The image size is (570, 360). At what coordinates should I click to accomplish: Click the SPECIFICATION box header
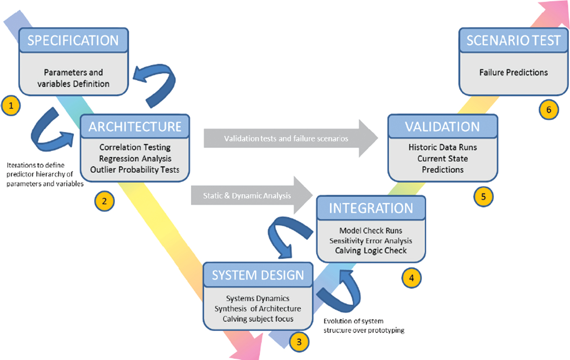[x=73, y=40]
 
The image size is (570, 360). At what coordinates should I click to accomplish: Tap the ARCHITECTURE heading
[x=135, y=127]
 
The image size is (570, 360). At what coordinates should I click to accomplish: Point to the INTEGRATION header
[x=370, y=208]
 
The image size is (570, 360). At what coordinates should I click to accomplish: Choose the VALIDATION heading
[x=442, y=127]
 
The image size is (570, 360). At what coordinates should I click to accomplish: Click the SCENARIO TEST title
[x=513, y=40]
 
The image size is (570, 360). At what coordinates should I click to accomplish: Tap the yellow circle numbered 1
[x=11, y=106]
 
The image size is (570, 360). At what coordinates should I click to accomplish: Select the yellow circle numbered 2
[x=104, y=201]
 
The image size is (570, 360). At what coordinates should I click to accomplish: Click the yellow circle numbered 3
[x=299, y=342]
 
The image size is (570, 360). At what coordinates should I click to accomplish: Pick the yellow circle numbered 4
[x=412, y=278]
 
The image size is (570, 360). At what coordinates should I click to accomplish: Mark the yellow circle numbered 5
[x=483, y=197]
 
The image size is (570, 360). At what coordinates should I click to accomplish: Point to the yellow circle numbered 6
[x=549, y=110]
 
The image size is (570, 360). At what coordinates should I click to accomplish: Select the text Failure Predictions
[x=513, y=72]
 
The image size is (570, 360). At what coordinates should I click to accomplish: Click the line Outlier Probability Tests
[x=135, y=170]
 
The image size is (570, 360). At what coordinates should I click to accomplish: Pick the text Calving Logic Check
[x=370, y=251]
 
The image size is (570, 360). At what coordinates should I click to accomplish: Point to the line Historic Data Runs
[x=443, y=147]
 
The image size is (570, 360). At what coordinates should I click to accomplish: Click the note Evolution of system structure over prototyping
[x=364, y=326]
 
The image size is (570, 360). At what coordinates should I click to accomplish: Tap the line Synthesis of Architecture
[x=258, y=309]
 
